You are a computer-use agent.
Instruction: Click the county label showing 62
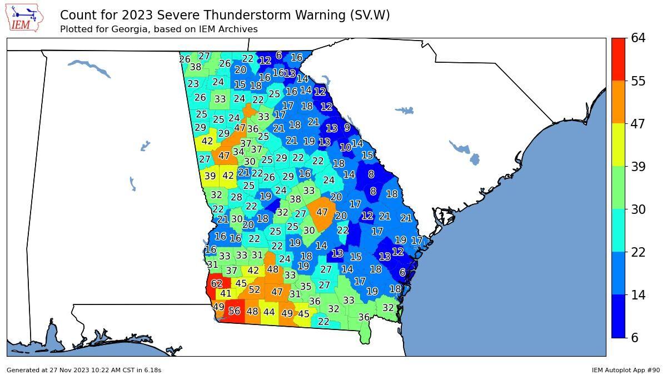pos(216,284)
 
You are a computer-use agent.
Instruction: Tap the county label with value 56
pos(234,312)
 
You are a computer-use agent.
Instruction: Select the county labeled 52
pos(254,290)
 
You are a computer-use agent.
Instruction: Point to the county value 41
pos(225,294)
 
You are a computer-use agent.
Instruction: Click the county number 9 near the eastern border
pos(347,128)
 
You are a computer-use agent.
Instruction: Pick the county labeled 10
pos(345,148)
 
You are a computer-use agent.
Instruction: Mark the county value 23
pos(193,84)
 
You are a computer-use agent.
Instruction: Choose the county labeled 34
pos(238,152)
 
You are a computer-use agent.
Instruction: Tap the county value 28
pos(236,197)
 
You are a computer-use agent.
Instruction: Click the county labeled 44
pos(269,313)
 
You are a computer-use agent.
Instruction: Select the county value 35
pos(305,287)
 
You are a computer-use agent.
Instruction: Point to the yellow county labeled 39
pos(210,176)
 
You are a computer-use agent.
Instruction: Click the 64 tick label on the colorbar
pos(638,38)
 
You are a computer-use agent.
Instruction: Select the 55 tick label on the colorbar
pos(638,81)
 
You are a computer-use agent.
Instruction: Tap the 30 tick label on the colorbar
pos(638,209)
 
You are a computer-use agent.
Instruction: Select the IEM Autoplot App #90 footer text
pos(625,370)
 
